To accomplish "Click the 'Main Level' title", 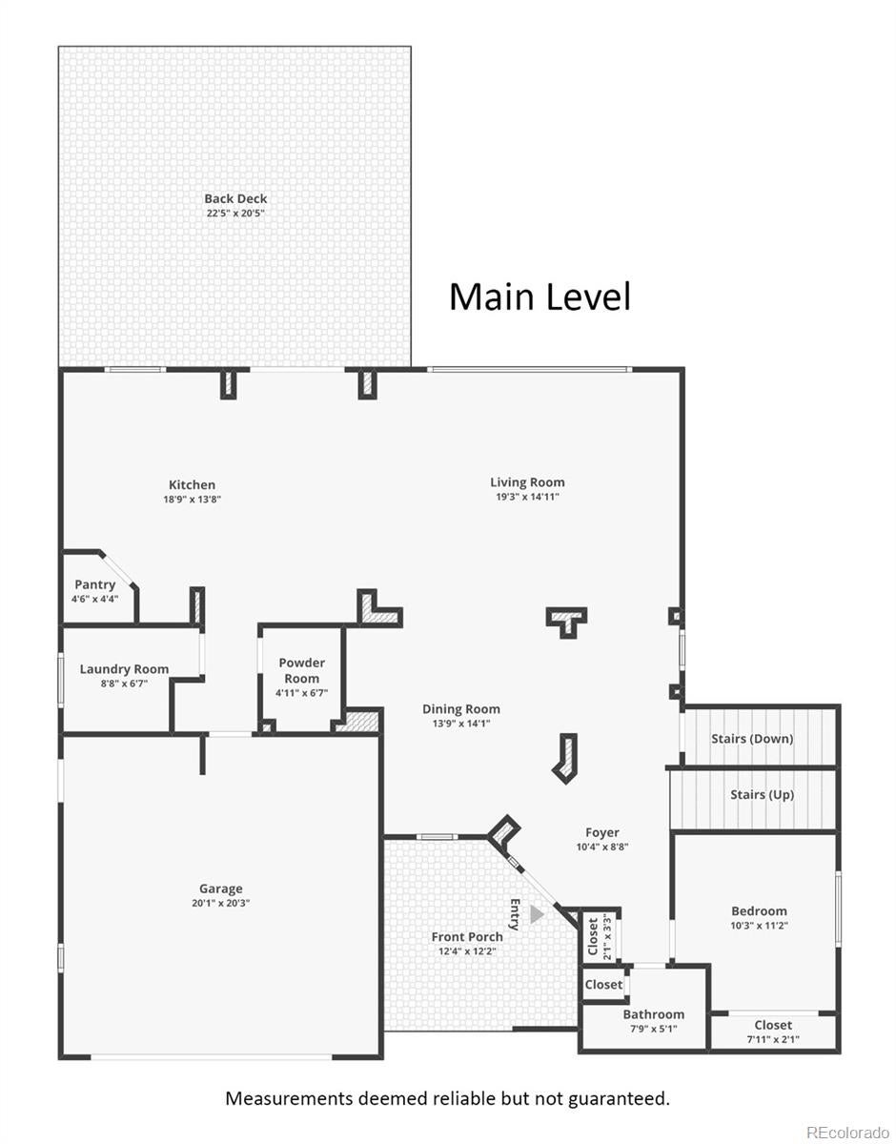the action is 540,296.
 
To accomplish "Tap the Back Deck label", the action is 235,198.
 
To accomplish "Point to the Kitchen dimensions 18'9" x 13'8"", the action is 192,500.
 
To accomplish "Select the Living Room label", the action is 527,482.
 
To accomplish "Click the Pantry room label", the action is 94,584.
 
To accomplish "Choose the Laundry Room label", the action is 124,669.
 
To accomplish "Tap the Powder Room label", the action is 301,670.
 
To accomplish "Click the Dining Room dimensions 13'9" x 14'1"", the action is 461,724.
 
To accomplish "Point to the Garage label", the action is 220,889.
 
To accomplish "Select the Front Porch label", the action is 467,937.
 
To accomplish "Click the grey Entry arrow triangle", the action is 536,914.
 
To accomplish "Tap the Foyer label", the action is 601,832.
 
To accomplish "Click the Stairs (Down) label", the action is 752,739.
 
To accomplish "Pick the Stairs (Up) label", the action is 762,794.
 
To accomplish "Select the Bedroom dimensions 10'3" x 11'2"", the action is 759,926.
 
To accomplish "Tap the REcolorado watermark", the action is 847,1131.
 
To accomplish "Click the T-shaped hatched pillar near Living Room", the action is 566,623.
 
